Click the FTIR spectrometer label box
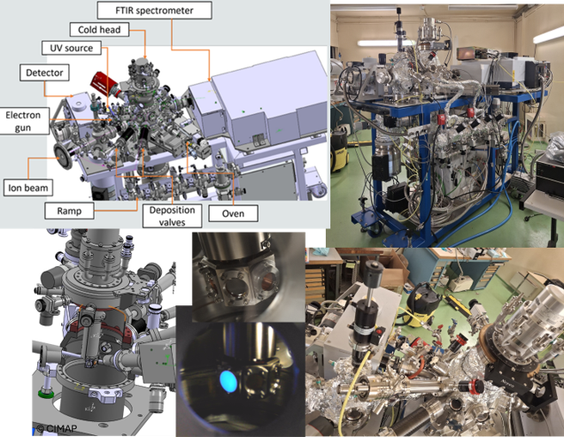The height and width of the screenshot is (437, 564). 154,11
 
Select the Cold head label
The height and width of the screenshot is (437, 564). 99,30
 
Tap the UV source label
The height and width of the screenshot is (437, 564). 71,48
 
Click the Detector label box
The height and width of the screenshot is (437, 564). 44,73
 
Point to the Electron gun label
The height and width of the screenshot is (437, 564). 23,121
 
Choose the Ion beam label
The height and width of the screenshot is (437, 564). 28,188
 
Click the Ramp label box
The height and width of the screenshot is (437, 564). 69,211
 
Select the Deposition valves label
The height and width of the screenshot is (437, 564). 172,216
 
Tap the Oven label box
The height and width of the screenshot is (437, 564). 233,213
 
